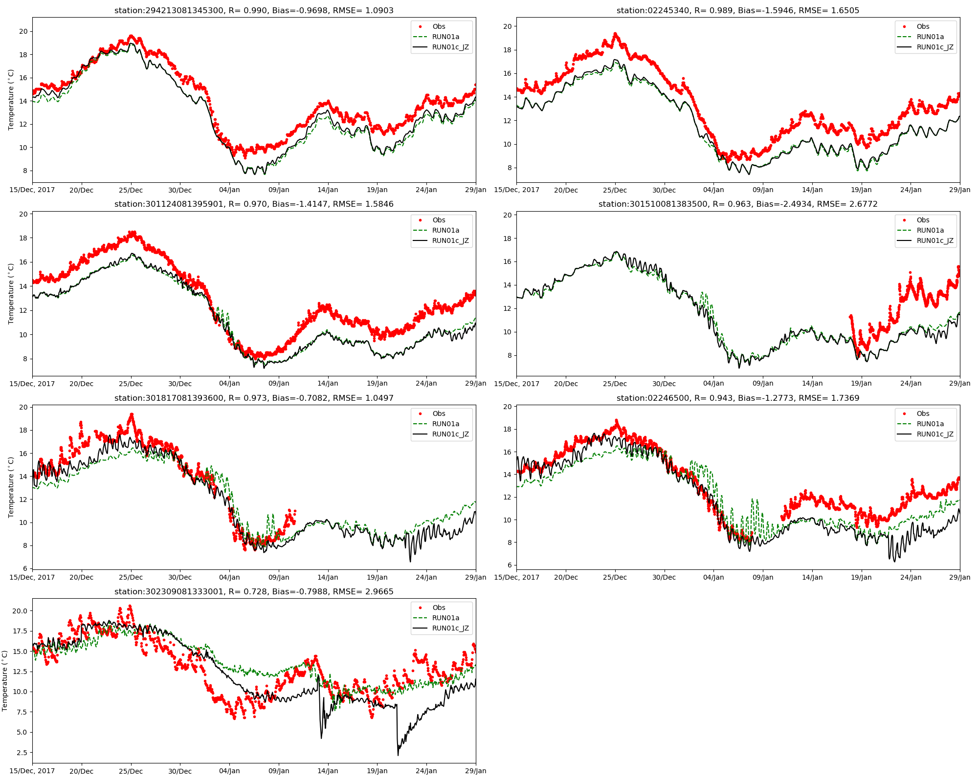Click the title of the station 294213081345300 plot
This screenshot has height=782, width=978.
click(x=254, y=10)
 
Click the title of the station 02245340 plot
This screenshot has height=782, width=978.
click(x=738, y=10)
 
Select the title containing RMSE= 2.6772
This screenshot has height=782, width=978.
click(x=738, y=204)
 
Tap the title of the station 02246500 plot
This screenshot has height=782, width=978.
click(x=738, y=398)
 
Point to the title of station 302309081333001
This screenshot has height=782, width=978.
click(x=254, y=591)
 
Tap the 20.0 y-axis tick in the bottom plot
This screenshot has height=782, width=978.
click(x=20, y=611)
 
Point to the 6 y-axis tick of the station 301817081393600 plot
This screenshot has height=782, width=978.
click(x=24, y=568)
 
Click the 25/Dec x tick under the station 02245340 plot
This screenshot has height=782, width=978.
click(x=615, y=190)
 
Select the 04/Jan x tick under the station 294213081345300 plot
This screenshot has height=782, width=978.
click(x=229, y=190)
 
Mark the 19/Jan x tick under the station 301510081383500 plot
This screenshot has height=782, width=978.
click(x=861, y=384)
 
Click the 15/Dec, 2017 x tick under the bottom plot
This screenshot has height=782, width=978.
click(x=32, y=771)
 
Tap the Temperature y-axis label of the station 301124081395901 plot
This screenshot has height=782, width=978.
click(x=11, y=294)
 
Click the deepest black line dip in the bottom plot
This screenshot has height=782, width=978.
click(x=398, y=755)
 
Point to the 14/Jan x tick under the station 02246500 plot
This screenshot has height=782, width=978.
click(x=812, y=577)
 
